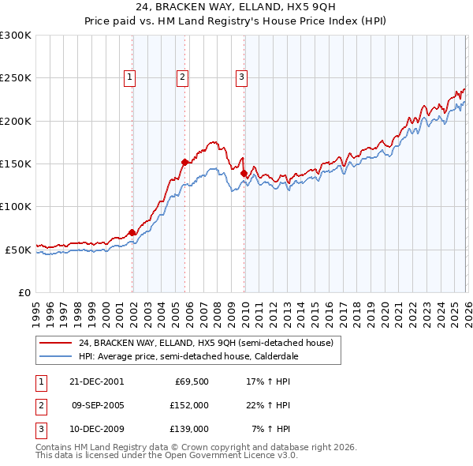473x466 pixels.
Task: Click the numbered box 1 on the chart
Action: coord(129,77)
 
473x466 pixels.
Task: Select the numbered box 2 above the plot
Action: coord(182,77)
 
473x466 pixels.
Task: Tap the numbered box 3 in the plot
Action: coord(241,77)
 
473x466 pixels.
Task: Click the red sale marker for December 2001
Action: coord(132,232)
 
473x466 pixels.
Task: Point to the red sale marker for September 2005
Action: coord(184,162)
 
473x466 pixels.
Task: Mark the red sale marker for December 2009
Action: coord(244,173)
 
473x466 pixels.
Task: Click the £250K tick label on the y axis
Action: coord(16,78)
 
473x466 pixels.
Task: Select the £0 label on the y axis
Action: coord(24,292)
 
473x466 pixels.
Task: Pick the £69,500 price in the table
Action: coord(192,381)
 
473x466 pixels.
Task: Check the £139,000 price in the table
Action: coord(189,430)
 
